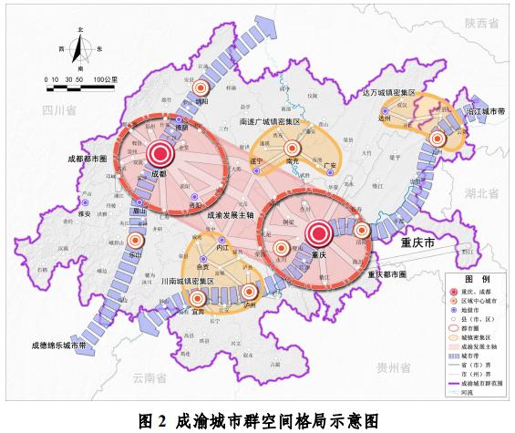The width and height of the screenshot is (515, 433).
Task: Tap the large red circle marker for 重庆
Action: tap(319, 233)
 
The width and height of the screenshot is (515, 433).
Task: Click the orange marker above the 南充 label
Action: tap(292, 148)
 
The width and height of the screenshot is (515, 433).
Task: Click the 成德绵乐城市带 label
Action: tap(57, 345)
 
